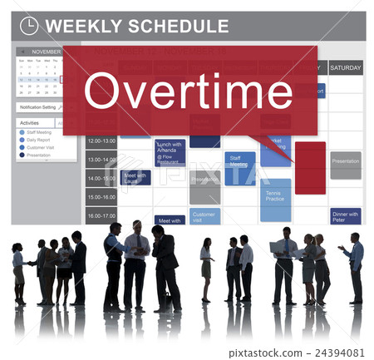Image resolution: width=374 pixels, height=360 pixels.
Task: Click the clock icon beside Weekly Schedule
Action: (29, 26)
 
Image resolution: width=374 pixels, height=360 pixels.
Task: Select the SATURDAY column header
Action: (345, 67)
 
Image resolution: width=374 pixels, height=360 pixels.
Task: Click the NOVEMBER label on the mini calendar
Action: (46, 52)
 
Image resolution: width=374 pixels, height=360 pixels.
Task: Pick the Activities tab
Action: (30, 122)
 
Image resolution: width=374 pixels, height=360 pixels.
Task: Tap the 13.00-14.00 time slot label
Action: (101, 160)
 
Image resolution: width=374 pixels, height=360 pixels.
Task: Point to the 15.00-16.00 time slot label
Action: (101, 197)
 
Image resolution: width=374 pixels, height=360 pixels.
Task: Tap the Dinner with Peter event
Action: (345, 216)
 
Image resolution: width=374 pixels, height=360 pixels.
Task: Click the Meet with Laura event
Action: (135, 177)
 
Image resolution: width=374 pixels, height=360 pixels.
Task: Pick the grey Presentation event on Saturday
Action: (345, 164)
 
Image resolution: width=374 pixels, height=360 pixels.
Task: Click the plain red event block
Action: (310, 167)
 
